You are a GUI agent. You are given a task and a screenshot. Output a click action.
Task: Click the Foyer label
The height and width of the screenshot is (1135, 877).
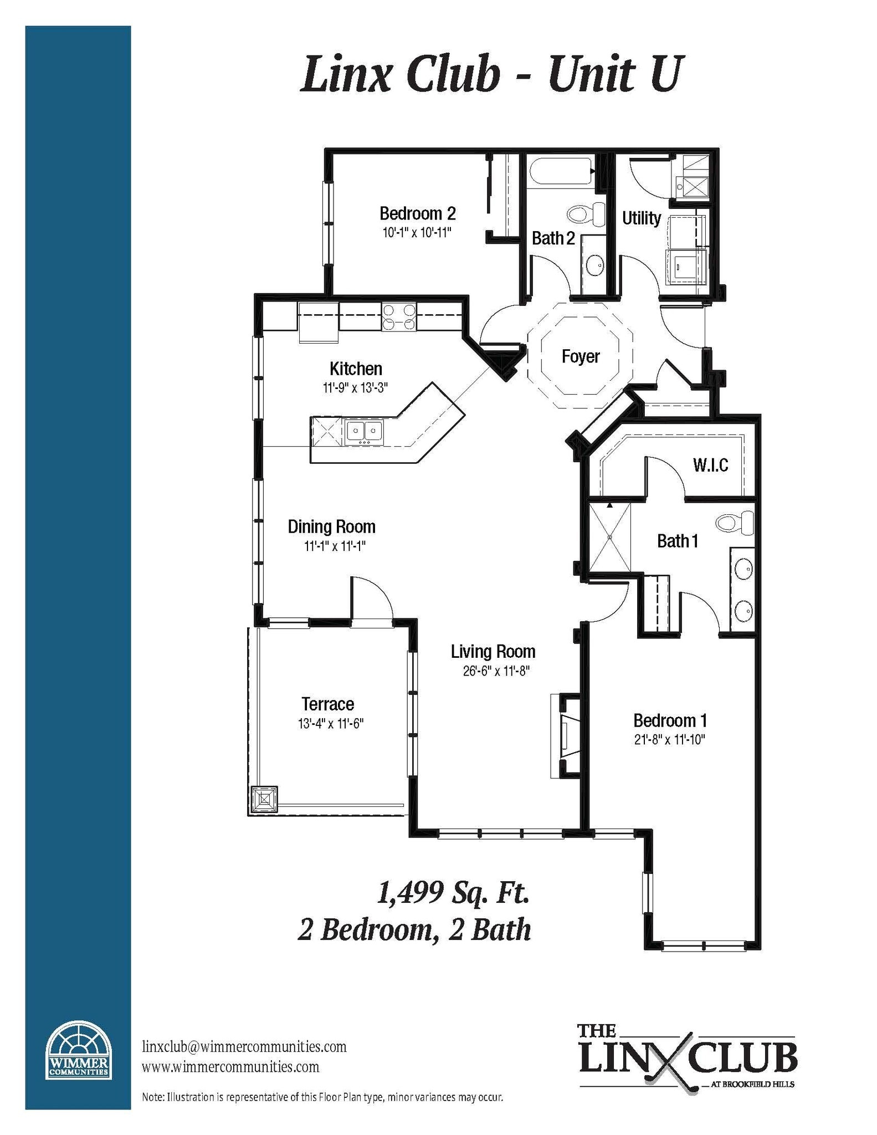(580, 356)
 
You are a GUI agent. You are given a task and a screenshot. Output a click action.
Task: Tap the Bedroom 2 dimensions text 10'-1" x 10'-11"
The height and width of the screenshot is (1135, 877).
(417, 232)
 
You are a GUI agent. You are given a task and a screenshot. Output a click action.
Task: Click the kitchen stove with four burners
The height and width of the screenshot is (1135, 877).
(398, 318)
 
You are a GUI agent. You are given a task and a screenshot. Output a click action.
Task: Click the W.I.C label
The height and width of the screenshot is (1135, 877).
(710, 465)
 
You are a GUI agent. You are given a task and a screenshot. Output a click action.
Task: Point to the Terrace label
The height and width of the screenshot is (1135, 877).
(327, 704)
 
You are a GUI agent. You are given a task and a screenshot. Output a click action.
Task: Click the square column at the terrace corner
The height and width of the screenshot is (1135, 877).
(264, 800)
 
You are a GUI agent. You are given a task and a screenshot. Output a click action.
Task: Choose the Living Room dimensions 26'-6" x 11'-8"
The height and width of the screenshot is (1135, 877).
(496, 671)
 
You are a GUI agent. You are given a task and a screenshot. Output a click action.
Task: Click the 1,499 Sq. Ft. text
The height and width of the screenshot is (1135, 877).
(453, 894)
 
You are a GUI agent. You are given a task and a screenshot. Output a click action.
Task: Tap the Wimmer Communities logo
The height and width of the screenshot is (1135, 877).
(78, 1051)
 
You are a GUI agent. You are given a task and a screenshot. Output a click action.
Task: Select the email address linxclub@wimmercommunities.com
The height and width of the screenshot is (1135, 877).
(244, 1047)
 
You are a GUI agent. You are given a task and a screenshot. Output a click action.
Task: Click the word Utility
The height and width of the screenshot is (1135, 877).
(641, 218)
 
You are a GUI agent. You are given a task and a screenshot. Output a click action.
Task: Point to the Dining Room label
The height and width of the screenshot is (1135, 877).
(331, 526)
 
